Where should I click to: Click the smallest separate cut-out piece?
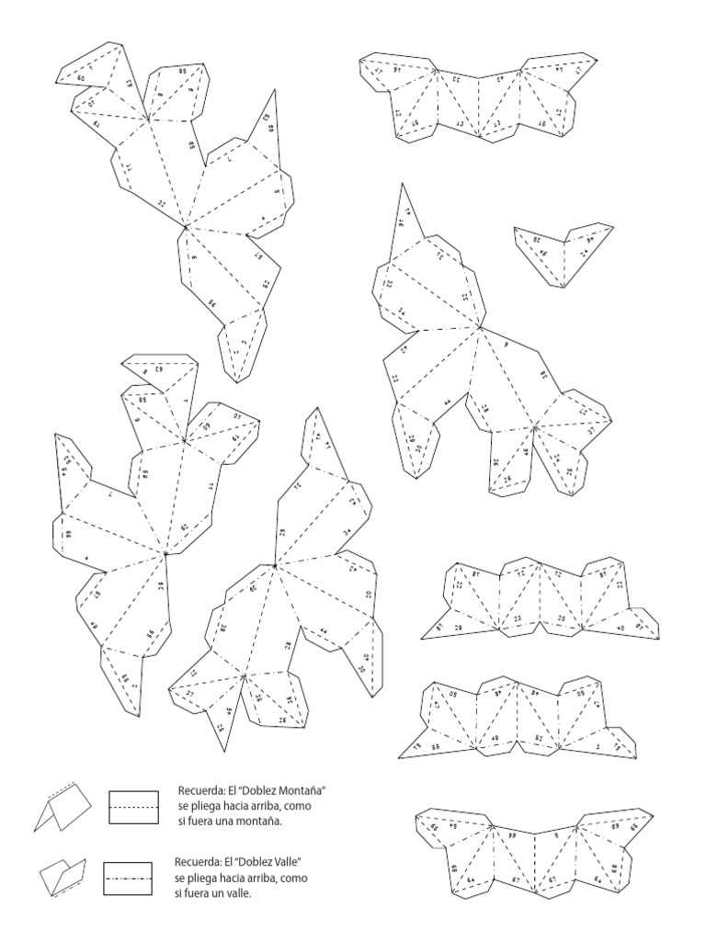click(x=563, y=251)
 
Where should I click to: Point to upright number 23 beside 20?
click(x=518, y=618)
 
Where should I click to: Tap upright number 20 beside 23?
click(x=562, y=618)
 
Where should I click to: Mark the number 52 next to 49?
click(x=539, y=738)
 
